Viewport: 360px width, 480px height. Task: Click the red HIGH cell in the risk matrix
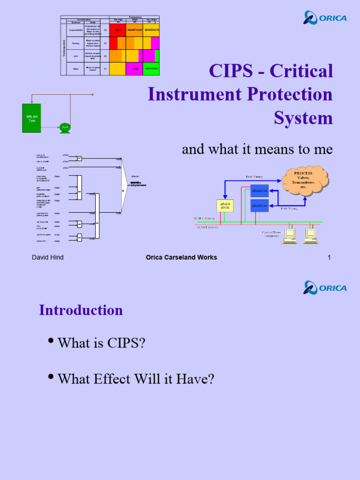118,30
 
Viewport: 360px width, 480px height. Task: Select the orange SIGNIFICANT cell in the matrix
135,30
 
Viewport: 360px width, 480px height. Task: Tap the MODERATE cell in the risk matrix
151,30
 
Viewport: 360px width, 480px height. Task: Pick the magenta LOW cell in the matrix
134,69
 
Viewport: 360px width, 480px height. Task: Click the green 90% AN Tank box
31,118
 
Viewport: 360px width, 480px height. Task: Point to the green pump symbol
65,127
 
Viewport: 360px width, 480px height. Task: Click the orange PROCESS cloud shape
303,178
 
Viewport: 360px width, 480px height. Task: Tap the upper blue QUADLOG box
259,190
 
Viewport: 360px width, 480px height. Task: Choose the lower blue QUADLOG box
259,205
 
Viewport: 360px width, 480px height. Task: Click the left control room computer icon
290,236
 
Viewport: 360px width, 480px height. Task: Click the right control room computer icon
310,236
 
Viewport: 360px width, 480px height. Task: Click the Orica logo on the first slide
325,18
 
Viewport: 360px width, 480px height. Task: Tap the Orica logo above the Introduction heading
325,287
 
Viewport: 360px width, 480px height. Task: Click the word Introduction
81,310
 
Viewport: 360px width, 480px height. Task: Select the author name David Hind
48,257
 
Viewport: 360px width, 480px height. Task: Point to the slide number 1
329,257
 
